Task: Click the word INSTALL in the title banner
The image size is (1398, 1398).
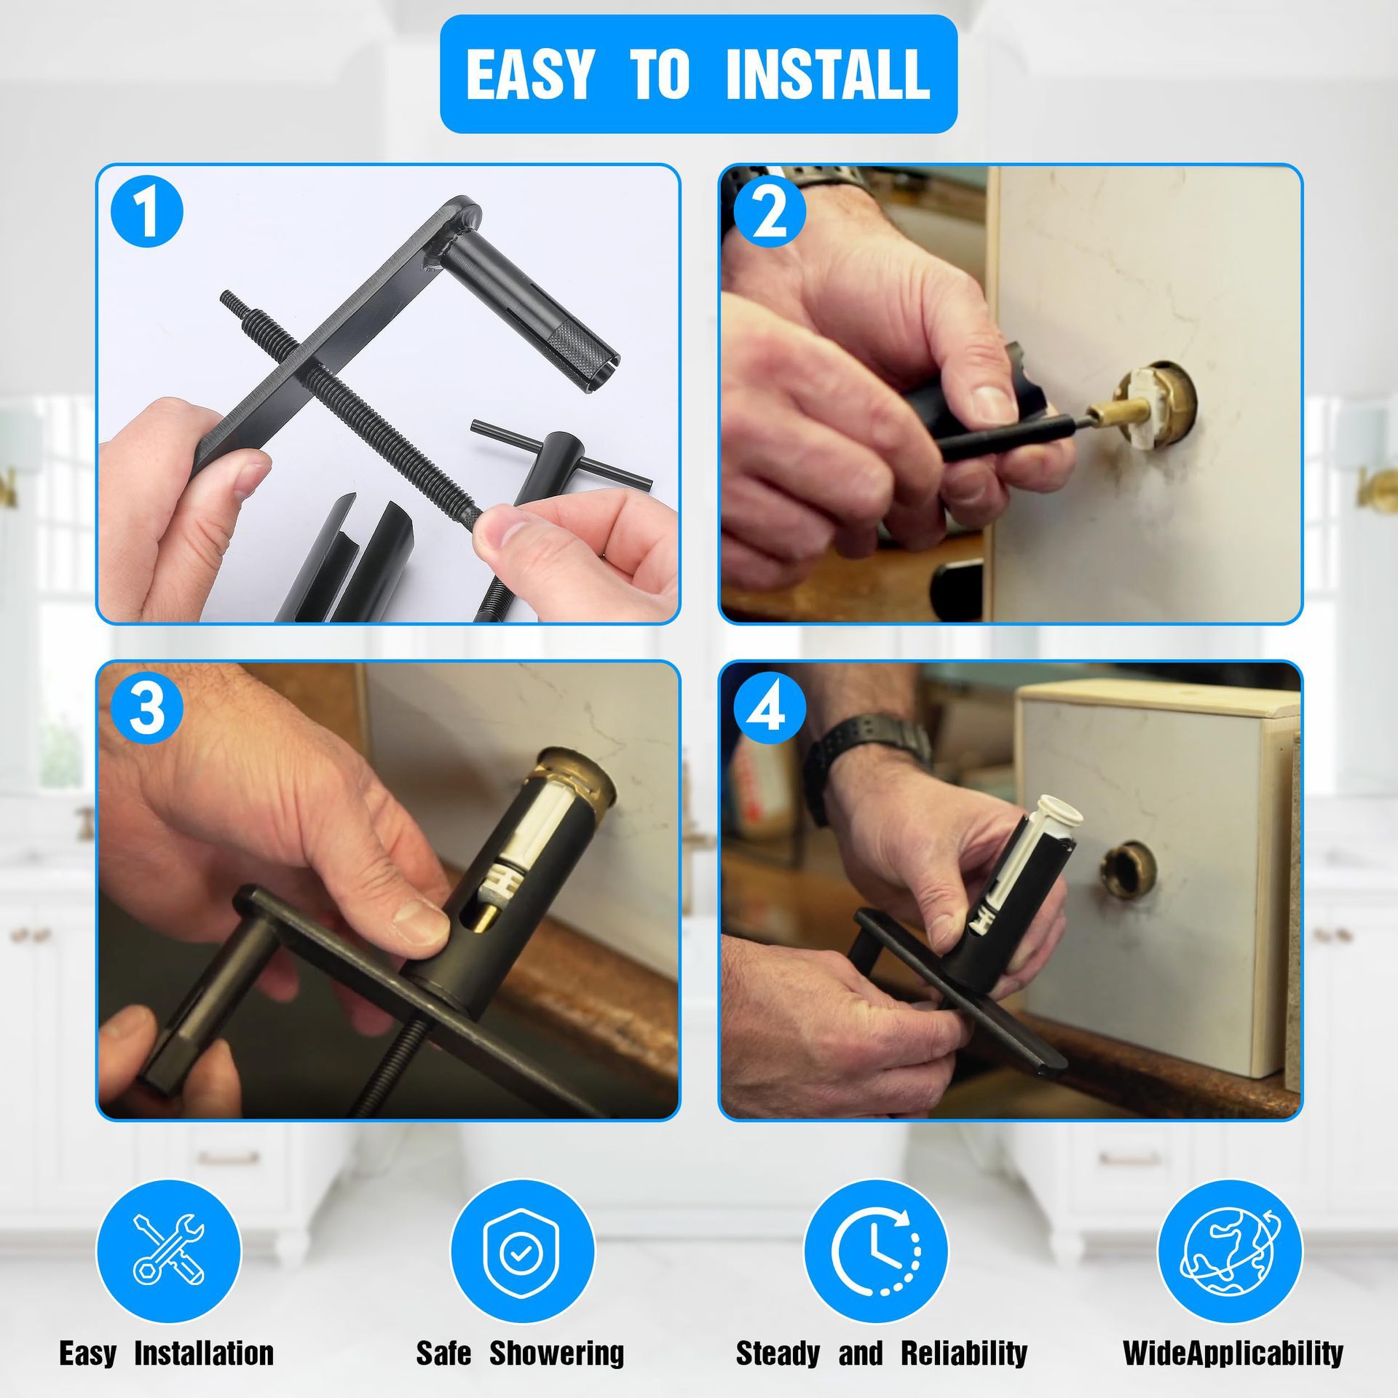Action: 828,74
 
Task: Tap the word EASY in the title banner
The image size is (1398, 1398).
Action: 529,74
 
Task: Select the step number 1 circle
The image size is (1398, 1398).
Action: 147,211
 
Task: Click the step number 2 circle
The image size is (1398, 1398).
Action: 770,211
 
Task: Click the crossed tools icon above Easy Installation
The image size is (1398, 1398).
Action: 169,1249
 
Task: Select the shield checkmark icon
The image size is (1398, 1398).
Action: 522,1249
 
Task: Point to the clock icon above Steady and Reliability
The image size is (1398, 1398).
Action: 876,1249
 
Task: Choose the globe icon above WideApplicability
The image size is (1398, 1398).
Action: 1230,1249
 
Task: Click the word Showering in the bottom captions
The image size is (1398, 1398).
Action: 557,1353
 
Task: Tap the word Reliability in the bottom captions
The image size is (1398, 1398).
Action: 964,1353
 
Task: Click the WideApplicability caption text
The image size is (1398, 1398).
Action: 1233,1353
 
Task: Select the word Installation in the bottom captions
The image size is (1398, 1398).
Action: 204,1353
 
